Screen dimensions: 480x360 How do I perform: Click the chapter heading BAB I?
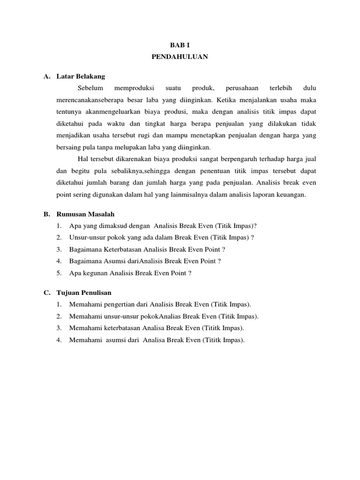tap(180, 45)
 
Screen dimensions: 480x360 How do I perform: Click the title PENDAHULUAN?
tap(180, 57)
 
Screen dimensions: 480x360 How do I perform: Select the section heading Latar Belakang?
tap(81, 76)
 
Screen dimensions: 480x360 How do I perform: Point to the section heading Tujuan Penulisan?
tap(84, 292)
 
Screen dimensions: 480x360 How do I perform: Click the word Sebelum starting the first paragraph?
tap(90, 88)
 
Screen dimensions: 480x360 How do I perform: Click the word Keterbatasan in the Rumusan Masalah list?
tap(123, 249)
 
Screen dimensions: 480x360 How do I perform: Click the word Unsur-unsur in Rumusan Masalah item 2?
tap(85, 238)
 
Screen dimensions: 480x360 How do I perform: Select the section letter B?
tap(46, 214)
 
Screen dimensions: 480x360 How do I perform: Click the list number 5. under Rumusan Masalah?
tap(59, 273)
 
